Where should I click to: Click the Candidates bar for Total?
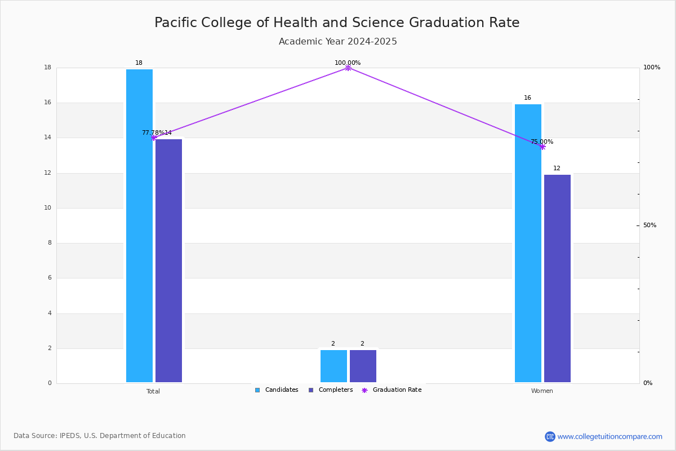(139, 225)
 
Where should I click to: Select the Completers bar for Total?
(168, 260)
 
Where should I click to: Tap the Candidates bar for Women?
(528, 243)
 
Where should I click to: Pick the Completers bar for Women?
(557, 278)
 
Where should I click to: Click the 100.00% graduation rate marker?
(348, 68)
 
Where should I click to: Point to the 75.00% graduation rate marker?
(542, 147)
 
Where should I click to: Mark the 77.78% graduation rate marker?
(154, 138)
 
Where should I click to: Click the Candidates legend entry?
(277, 390)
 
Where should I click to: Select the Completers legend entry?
(331, 390)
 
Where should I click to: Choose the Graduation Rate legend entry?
(392, 390)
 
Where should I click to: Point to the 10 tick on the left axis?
(48, 208)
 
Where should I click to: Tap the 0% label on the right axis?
(648, 383)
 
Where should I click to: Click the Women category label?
(542, 391)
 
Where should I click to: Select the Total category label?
(153, 391)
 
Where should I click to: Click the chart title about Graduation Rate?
(337, 23)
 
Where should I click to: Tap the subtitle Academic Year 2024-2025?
(337, 41)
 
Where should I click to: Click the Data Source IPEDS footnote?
(100, 436)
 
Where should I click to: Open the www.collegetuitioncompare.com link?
(610, 436)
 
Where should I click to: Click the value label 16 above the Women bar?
(527, 98)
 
